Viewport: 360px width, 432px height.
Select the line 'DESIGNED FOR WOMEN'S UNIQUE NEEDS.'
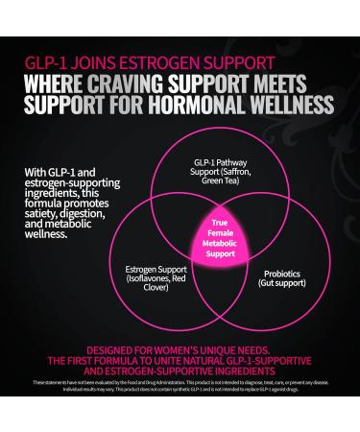click(180, 349)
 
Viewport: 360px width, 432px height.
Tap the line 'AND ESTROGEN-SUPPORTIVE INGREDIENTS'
click(180, 373)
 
